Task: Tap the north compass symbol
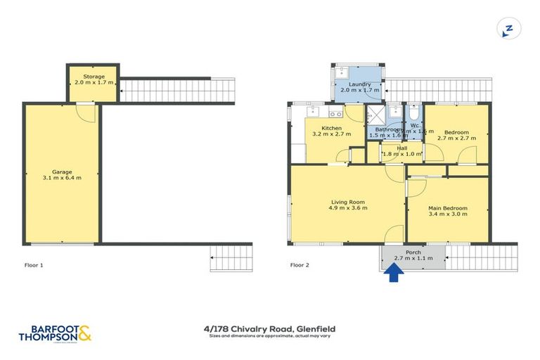[x=507, y=29]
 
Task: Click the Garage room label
[x=62, y=172]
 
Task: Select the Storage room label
[x=94, y=76]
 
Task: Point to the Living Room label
[x=349, y=202]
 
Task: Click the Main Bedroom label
[x=448, y=209]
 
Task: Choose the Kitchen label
[x=331, y=128]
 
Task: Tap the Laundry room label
[x=360, y=84]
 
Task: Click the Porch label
[x=413, y=251]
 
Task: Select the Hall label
[x=401, y=148]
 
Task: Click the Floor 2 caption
[x=300, y=265]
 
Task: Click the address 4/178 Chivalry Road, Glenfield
[x=269, y=328]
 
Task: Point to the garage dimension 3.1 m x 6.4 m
[x=62, y=179]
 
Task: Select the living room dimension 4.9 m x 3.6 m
[x=349, y=209]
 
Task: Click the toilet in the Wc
[x=414, y=113]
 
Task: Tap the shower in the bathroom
[x=376, y=115]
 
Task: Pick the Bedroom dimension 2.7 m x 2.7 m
[x=456, y=138]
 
